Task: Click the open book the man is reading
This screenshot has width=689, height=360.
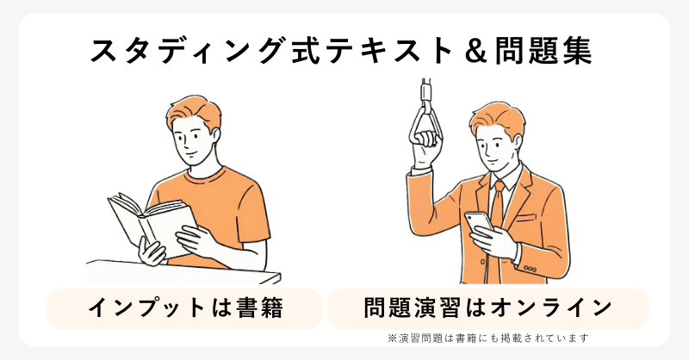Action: pos(152,222)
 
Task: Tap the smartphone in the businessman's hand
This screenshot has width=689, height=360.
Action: pos(479,223)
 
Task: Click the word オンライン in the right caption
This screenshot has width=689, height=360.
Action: pos(551,307)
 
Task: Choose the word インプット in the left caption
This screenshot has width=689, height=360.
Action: pos(147,307)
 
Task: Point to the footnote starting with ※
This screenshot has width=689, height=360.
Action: pos(487,338)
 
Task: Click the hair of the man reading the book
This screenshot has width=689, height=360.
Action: pos(192,110)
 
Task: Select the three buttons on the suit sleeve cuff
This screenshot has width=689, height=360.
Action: pos(530,269)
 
